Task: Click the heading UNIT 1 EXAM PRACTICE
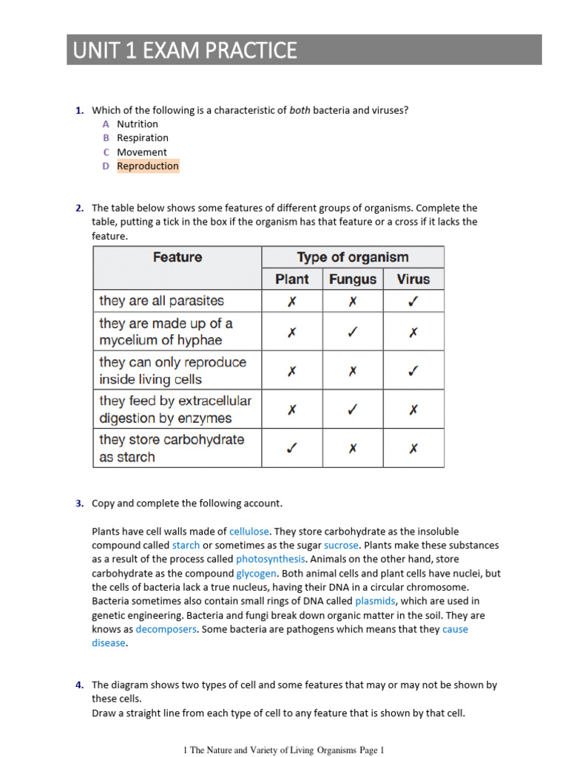tap(185, 50)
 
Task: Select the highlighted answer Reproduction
tap(148, 166)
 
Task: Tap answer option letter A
tap(106, 124)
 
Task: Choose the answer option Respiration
tap(143, 138)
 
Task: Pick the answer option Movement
tap(142, 152)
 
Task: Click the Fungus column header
tap(353, 279)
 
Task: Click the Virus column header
tap(413, 279)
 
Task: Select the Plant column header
tap(292, 279)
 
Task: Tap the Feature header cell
tap(177, 257)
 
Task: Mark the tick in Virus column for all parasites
tap(413, 301)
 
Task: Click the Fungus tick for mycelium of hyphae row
tap(353, 333)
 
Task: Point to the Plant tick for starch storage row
tap(292, 448)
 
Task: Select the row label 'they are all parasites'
tap(161, 301)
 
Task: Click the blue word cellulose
tap(250, 532)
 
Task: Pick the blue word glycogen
tap(256, 574)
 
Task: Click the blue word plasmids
tap(375, 602)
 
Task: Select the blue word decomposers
tap(166, 630)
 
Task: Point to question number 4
tap(78, 685)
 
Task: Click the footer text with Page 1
tap(284, 751)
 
